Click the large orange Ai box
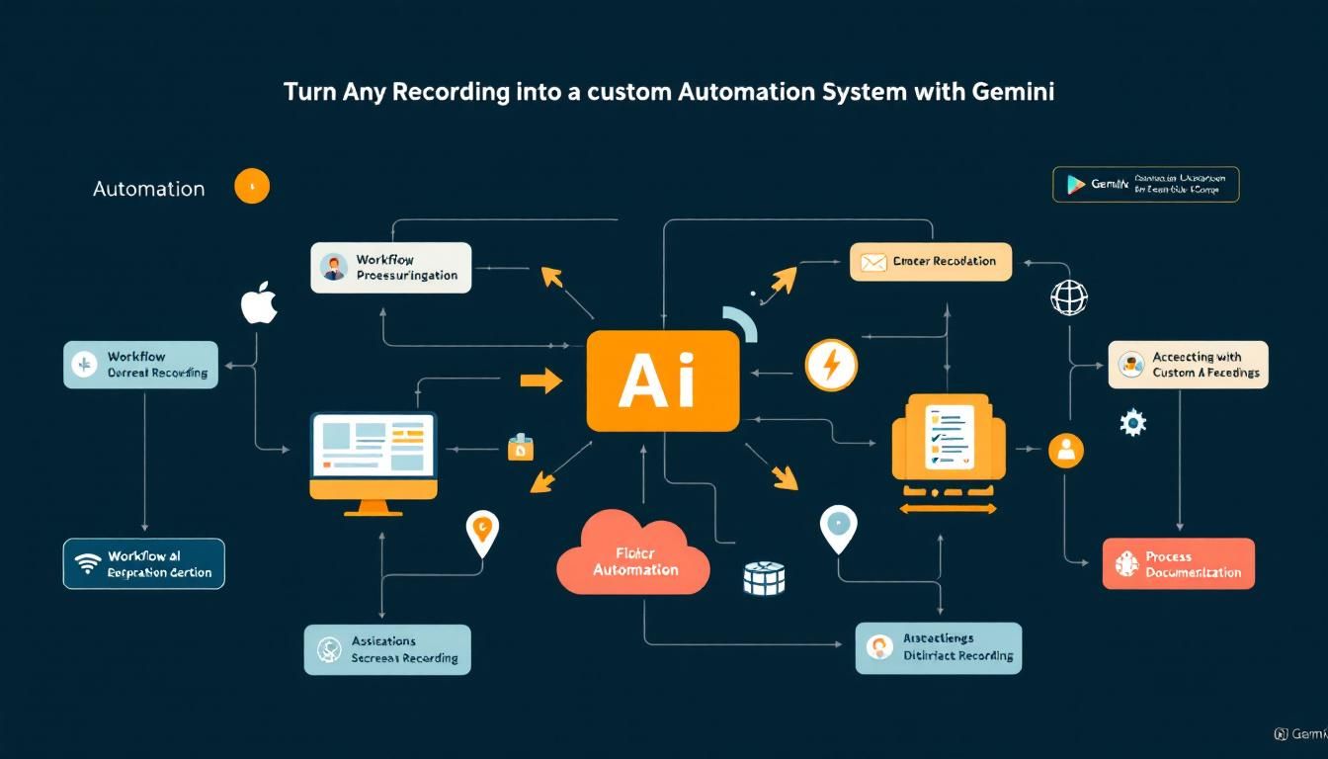point(662,380)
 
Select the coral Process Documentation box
point(1178,564)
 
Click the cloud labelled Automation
point(633,560)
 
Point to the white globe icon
point(1069,297)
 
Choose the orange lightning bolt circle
point(831,365)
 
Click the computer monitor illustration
point(373,461)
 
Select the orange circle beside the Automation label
point(252,186)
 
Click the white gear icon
point(1132,423)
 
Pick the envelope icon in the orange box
point(873,262)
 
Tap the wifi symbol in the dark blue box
point(88,564)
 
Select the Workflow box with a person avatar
point(390,267)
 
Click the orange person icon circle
point(1065,451)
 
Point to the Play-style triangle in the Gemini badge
point(1075,185)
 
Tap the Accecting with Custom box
point(1188,365)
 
